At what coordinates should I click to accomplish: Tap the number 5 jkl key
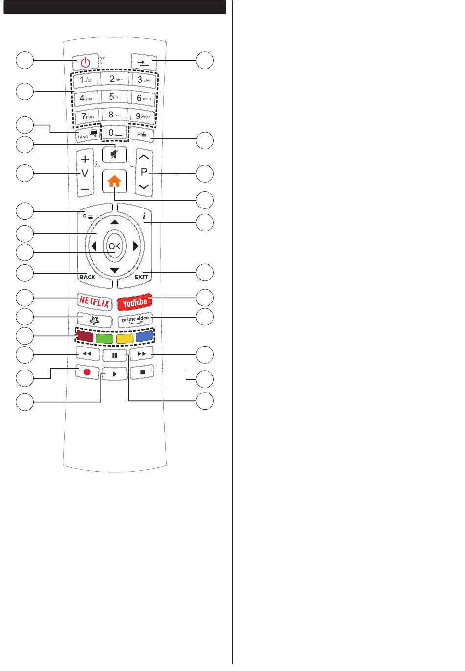tap(115, 97)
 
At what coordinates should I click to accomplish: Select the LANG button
tap(86, 134)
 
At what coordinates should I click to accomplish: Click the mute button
tap(115, 154)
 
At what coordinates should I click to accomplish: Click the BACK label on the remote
tap(87, 277)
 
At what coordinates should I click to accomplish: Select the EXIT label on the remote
tap(141, 277)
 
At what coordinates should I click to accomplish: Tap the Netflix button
tap(94, 302)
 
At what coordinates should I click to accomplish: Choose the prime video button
tap(135, 320)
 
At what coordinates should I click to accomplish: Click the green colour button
tap(105, 338)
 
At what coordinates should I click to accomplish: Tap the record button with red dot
tap(87, 372)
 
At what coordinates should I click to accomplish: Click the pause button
tap(115, 355)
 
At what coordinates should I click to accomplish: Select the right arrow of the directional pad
tap(136, 246)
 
